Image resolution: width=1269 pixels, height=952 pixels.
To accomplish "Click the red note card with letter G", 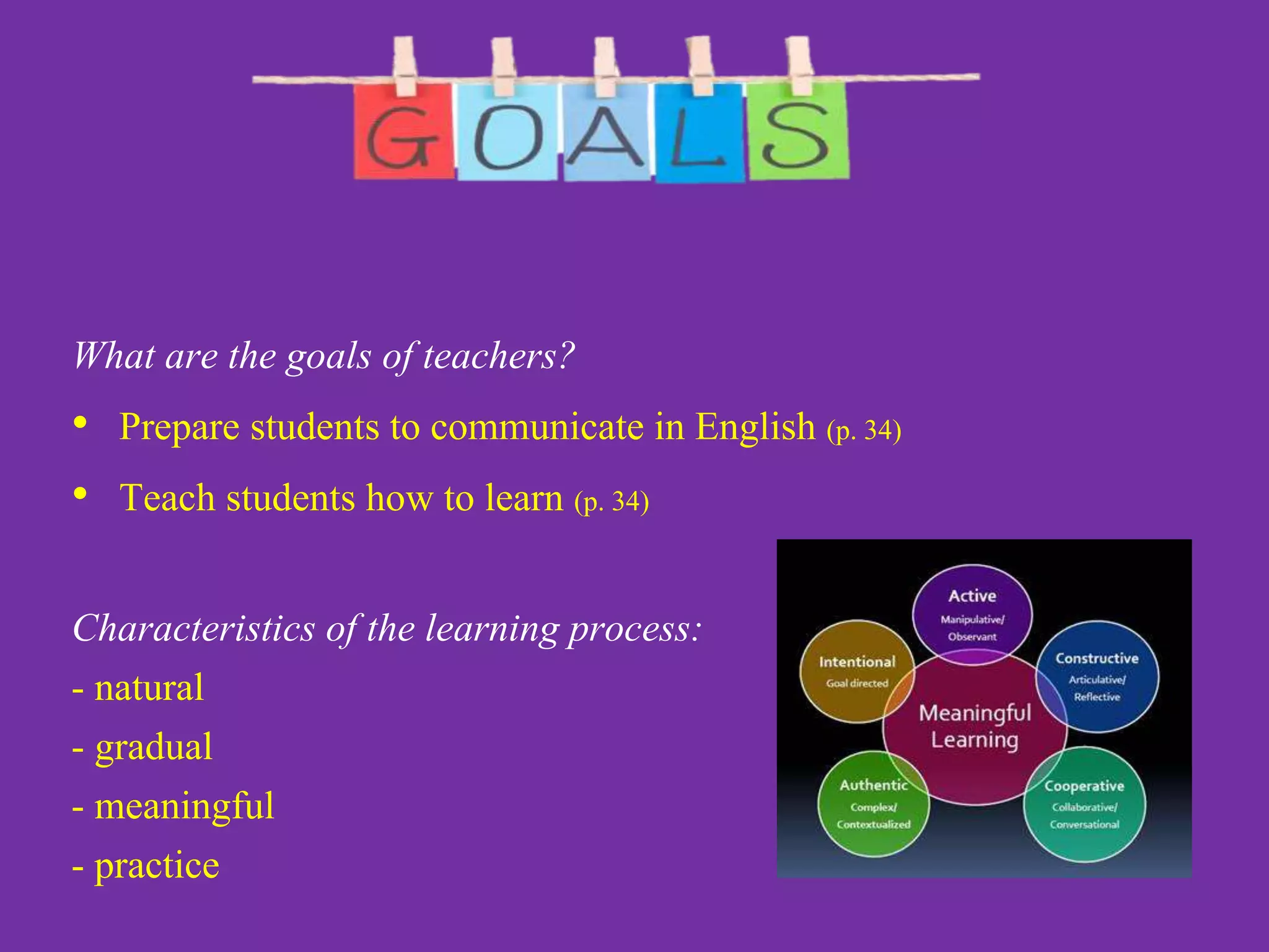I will click(403, 133).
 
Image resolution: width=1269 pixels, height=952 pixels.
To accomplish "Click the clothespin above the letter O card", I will click(503, 65).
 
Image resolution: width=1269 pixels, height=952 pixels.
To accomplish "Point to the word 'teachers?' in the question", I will click(499, 356).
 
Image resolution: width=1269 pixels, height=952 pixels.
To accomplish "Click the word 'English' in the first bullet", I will click(755, 427).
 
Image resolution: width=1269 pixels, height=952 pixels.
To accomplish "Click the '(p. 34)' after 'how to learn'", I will click(612, 500).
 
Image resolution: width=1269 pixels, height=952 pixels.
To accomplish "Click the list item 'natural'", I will click(149, 688).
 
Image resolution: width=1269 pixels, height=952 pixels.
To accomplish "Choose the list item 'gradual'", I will click(153, 747).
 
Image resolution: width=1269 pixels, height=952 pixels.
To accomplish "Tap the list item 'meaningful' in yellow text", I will click(184, 806).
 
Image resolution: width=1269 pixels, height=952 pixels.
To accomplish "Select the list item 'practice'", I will click(157, 865).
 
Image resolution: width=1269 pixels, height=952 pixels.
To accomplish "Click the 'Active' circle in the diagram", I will click(972, 610).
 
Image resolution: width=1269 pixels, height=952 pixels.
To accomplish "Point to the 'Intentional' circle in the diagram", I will click(857, 671).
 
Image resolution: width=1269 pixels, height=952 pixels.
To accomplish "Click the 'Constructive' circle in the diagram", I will click(1097, 676).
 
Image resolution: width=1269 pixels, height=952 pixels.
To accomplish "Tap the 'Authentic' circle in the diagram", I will click(874, 803).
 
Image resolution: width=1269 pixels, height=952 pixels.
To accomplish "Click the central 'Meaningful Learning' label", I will click(975, 726).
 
